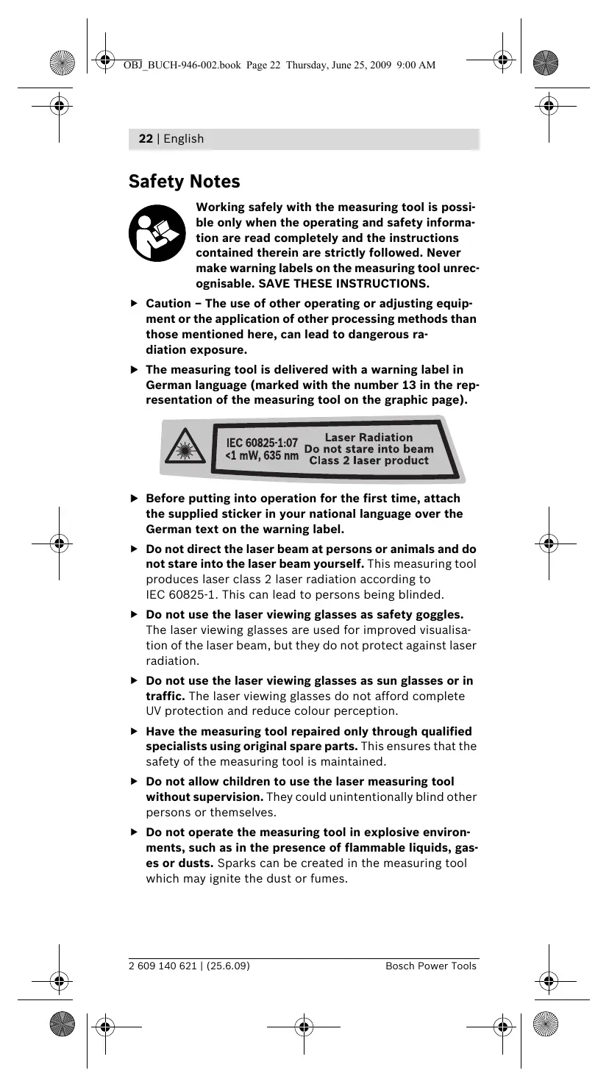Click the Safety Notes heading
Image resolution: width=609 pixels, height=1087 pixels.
tap(184, 181)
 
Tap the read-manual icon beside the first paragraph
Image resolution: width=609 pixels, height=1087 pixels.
tap(157, 234)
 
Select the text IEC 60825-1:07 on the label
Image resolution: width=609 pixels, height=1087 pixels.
tap(262, 443)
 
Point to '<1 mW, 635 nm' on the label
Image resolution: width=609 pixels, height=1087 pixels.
tap(262, 457)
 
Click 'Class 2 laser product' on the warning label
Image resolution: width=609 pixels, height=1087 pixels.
tap(368, 461)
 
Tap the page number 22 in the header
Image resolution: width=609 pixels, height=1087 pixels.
tap(146, 139)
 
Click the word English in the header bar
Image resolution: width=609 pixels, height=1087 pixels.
tap(184, 139)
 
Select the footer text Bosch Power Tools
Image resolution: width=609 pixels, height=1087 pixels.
tap(431, 966)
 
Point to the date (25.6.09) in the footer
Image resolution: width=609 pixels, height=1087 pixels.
tap(228, 966)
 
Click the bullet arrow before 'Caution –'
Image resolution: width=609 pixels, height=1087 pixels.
tap(134, 303)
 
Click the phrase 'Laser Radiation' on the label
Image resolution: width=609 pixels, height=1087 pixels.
tap(368, 438)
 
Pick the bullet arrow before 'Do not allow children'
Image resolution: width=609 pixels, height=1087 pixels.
tap(134, 781)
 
